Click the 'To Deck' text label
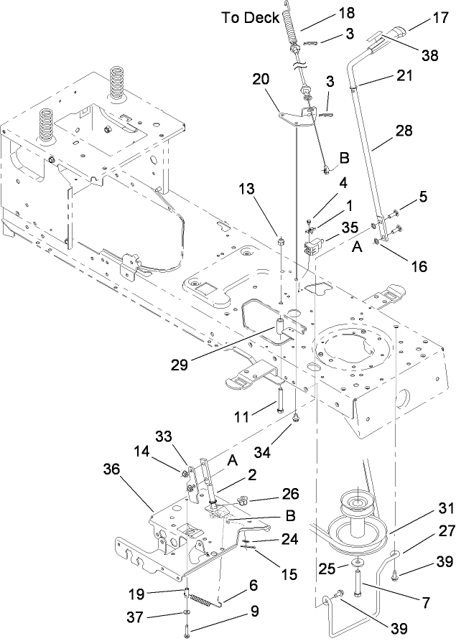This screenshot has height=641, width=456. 250,19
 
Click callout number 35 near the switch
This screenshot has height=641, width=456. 350,227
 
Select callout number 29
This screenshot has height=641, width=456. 180,365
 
